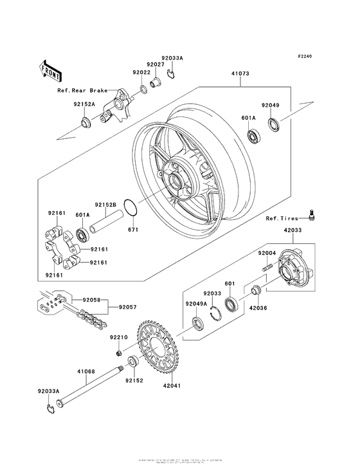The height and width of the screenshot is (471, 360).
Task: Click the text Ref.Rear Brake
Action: coord(81,91)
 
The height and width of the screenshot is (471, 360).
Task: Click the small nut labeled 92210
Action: coord(119,353)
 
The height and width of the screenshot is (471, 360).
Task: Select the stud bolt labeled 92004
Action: coord(268,269)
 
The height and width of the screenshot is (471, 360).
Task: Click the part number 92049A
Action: coord(197,304)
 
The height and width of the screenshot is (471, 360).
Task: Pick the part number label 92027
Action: coord(156,65)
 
